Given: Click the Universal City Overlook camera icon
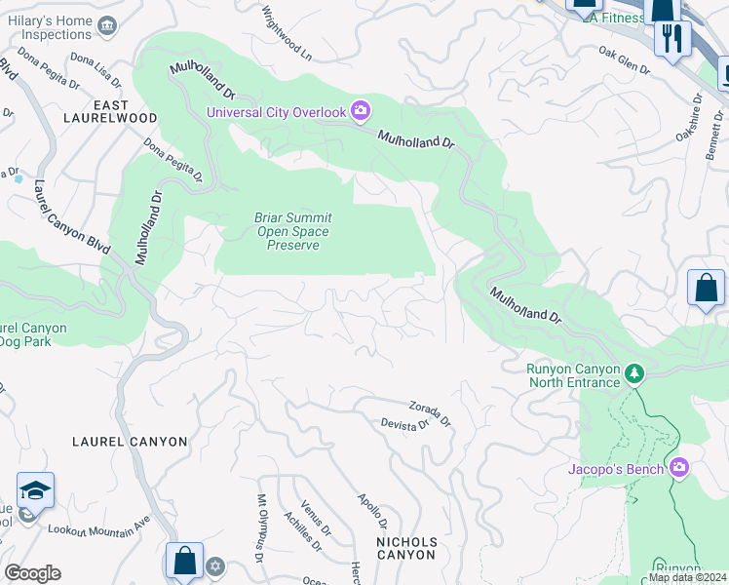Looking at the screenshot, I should [x=360, y=111].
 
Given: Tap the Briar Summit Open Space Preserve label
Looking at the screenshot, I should [x=292, y=231].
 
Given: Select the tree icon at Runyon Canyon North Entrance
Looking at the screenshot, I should [x=634, y=373].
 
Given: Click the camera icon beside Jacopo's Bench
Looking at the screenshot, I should [x=679, y=469].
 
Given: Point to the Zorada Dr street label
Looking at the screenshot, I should [x=430, y=414].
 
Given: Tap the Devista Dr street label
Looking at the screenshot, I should [x=404, y=425].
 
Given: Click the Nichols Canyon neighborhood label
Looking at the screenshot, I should [x=406, y=547].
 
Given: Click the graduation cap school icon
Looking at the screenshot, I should [x=35, y=490].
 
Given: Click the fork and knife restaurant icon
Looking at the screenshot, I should [x=671, y=38].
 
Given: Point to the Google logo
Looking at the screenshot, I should [x=33, y=572].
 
